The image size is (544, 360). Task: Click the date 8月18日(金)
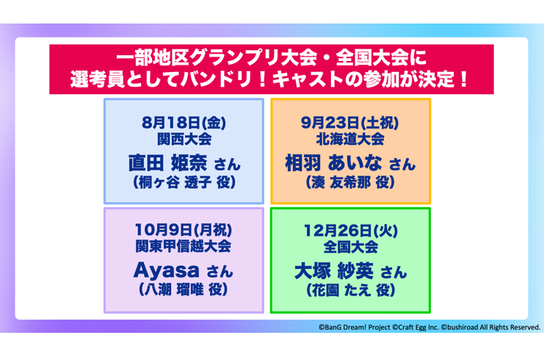pyautogui.click(x=184, y=120)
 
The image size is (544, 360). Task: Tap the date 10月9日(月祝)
pyautogui.click(x=184, y=229)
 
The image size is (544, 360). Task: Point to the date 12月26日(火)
pyautogui.click(x=350, y=229)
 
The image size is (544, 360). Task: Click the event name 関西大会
pyautogui.click(x=184, y=139)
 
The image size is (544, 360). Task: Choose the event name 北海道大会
pyautogui.click(x=350, y=139)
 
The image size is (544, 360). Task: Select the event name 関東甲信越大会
pyautogui.click(x=184, y=247)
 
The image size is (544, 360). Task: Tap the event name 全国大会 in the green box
pyautogui.click(x=350, y=247)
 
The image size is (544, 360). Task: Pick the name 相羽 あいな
pyautogui.click(x=334, y=162)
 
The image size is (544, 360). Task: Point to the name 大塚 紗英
pyautogui.click(x=335, y=270)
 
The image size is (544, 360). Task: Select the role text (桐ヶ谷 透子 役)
pyautogui.click(x=184, y=183)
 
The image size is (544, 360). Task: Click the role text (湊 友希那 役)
pyautogui.click(x=350, y=183)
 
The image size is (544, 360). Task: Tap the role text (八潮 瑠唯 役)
pyautogui.click(x=184, y=291)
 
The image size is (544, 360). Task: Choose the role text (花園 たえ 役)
pyautogui.click(x=350, y=291)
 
